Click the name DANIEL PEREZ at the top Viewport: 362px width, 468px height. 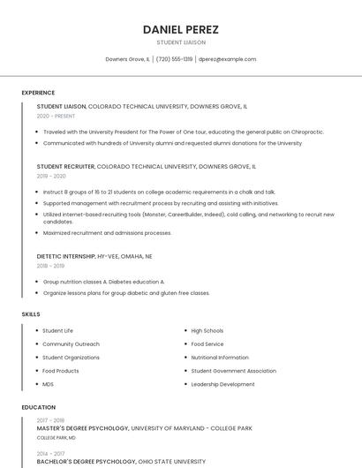coord(181,29)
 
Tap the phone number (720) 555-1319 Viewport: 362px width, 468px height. coord(174,59)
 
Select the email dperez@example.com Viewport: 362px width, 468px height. coord(227,59)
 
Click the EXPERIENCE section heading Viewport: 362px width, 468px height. coord(38,93)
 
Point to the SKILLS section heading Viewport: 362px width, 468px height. coord(31,314)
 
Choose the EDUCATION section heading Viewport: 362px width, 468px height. coord(38,407)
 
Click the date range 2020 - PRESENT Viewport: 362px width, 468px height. coord(56,116)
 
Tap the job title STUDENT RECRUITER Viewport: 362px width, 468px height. coord(65,166)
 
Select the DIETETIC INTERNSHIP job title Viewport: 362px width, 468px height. coord(66,256)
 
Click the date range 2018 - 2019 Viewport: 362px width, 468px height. coord(50,266)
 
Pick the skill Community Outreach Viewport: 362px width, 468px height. coord(71,344)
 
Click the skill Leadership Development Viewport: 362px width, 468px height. coord(222,384)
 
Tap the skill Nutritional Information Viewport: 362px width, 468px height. coord(220,358)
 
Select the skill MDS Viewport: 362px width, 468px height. coord(49,384)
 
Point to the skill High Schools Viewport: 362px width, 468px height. coord(207,331)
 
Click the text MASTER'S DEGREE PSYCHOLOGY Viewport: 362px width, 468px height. coord(83,428)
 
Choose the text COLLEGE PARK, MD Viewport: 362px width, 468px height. coord(56,438)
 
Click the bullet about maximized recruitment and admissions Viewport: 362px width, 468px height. coord(107,233)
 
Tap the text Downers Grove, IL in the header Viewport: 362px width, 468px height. coord(127,59)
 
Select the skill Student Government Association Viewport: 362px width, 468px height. coord(233,371)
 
